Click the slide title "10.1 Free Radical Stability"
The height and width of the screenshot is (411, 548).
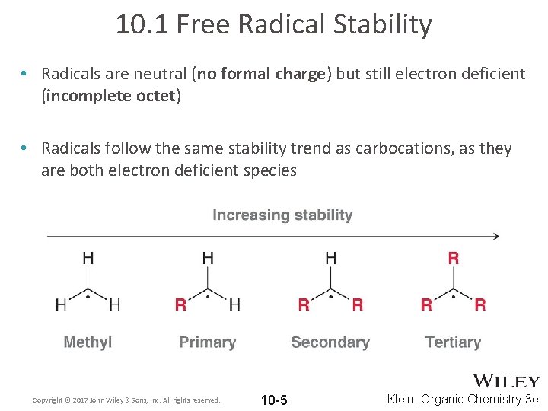click(x=274, y=25)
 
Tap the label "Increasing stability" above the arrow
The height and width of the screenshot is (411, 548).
click(x=282, y=215)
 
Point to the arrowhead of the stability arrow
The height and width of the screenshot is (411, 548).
click(x=495, y=236)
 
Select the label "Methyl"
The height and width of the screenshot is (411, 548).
click(x=88, y=342)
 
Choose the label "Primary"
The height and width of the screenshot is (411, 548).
click(x=207, y=342)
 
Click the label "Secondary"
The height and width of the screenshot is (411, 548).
click(x=330, y=342)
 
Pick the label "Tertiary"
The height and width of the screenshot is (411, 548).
click(x=453, y=342)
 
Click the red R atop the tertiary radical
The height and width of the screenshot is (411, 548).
click(x=454, y=259)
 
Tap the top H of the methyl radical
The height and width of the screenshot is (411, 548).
click(x=88, y=259)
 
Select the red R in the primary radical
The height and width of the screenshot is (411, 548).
click(x=180, y=305)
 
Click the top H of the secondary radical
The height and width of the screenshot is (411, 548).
click(x=331, y=259)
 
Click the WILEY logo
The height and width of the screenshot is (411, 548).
click(x=506, y=381)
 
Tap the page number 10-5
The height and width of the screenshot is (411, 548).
click(x=274, y=400)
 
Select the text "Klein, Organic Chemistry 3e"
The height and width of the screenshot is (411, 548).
click(x=463, y=400)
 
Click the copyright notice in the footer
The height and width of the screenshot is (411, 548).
click(x=126, y=400)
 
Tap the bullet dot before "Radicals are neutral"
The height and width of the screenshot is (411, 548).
click(x=25, y=74)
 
